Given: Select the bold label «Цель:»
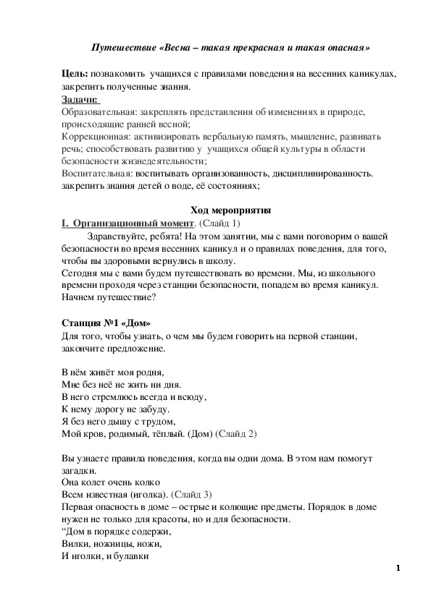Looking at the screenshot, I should [x=75, y=75].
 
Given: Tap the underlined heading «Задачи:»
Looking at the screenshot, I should [x=80, y=100].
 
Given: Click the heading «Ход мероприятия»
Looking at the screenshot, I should [x=230, y=210].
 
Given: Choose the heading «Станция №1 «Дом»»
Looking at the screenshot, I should [x=107, y=322].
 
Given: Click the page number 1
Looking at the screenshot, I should [x=398, y=567].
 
